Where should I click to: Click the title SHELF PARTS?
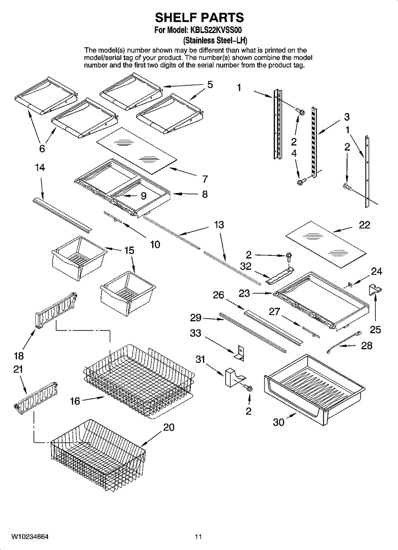pyautogui.click(x=199, y=17)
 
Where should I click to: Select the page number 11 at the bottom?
pyautogui.click(x=198, y=537)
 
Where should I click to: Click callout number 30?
pyautogui.click(x=279, y=422)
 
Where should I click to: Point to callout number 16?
pyautogui.click(x=75, y=401)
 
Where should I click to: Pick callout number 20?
pyautogui.click(x=169, y=427)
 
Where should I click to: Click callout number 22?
pyautogui.click(x=364, y=225)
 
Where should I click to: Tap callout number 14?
pyautogui.click(x=40, y=168)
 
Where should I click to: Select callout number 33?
pyautogui.click(x=195, y=333)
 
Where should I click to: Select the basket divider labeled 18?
pyautogui.click(x=56, y=310)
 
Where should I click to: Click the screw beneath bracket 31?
pyautogui.click(x=248, y=388)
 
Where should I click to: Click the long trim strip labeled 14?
pyautogui.click(x=62, y=214)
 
